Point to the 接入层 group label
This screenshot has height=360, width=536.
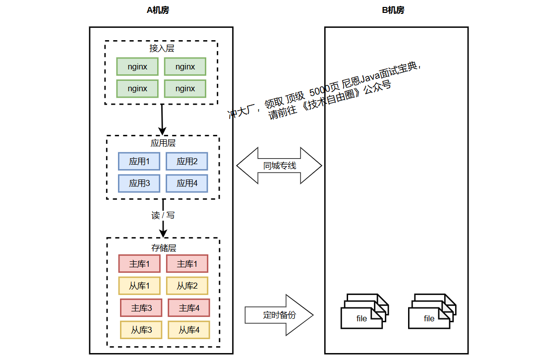click(162, 48)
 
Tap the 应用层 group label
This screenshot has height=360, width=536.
click(163, 143)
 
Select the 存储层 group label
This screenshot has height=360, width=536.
click(164, 247)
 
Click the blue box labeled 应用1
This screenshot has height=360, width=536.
click(139, 161)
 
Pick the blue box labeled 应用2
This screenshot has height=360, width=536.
click(187, 161)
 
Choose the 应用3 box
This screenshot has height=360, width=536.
click(139, 183)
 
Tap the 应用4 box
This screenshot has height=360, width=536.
click(187, 183)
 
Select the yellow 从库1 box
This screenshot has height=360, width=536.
click(139, 286)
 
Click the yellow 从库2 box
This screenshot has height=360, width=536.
click(187, 286)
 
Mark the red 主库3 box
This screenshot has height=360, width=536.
click(141, 307)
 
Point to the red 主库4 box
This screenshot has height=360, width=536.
click(189, 307)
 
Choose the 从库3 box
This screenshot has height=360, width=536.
click(141, 330)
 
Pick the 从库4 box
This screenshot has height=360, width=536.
click(189, 330)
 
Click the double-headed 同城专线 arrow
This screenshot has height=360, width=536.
click(279, 166)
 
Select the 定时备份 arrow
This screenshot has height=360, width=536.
click(279, 315)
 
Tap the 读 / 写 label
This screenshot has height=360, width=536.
click(163, 215)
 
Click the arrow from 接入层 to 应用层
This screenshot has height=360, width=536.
click(162, 119)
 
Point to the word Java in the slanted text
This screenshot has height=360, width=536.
click(370, 77)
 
